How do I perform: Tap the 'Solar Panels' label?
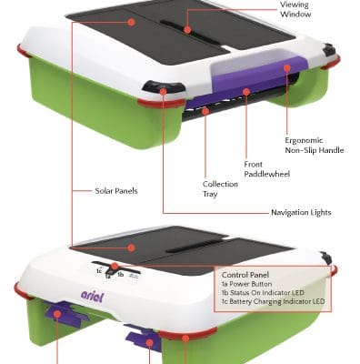point(116,192)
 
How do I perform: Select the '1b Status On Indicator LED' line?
point(267,293)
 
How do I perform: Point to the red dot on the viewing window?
point(187,30)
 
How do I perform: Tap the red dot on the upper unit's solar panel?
point(132,21)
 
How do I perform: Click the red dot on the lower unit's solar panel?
point(134,248)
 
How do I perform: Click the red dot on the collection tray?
point(205,111)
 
